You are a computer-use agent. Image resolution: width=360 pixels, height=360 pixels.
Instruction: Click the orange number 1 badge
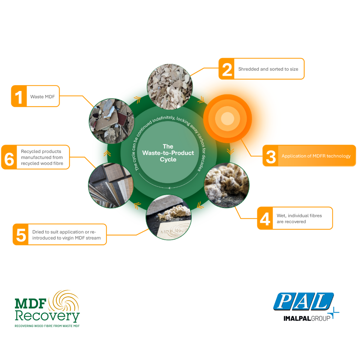pos(19,96)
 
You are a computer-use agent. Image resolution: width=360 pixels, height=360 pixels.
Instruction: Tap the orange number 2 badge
pos(226,69)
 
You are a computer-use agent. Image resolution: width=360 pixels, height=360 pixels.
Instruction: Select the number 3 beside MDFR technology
pos(271,156)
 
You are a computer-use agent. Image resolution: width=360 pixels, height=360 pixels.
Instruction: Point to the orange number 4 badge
pos(265,218)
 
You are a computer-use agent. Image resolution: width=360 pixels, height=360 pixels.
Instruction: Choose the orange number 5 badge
pos(21,235)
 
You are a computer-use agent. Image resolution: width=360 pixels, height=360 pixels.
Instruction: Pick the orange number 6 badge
pos(9,157)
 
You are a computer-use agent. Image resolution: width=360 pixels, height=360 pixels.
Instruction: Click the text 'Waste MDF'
pos(43,97)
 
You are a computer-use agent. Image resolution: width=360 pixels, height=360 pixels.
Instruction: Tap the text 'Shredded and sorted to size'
pos(268,69)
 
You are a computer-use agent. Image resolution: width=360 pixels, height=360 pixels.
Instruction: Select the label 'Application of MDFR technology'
pos(316,156)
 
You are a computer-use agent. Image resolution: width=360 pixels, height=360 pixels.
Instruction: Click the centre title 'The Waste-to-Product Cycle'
pos(168,153)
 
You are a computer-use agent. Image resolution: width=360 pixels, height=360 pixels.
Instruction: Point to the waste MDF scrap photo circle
pos(112,121)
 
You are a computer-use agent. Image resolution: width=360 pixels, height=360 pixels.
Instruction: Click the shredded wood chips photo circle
pos(170,87)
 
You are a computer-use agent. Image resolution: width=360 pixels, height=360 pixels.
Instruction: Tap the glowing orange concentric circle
pos(227,118)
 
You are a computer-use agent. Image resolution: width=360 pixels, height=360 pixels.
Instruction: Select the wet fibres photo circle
pos(226,185)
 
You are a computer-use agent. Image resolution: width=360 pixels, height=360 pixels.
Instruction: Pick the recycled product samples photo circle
pos(111,186)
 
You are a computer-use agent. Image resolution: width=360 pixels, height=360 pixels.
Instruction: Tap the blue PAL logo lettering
pos(304,301)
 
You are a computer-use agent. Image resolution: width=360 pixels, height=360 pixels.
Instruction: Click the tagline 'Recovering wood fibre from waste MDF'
pos(47,326)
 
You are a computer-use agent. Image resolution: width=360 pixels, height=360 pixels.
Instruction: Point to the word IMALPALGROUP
pos(307,318)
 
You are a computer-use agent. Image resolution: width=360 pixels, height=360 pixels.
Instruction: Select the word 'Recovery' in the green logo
pos(47,316)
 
